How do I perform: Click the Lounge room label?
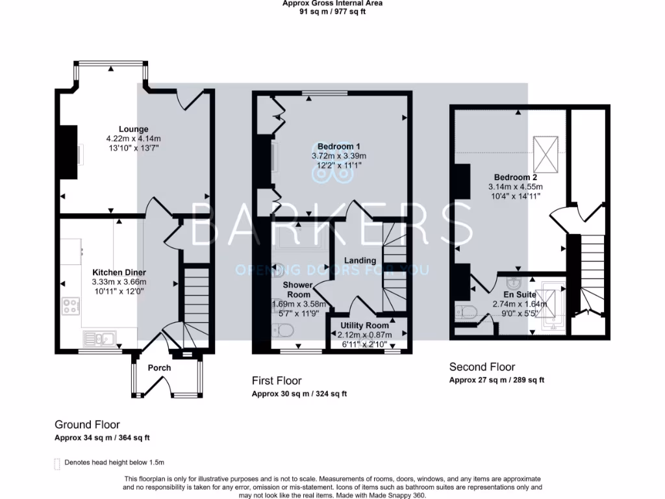[x=133, y=129]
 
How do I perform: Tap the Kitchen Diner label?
[x=119, y=272]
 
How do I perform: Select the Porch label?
[x=159, y=368]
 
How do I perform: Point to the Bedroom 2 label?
[x=515, y=177]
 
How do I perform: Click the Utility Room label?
[x=364, y=326]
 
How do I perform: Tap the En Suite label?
[x=520, y=294]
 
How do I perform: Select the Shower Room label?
[x=297, y=290]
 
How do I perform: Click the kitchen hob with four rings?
[x=71, y=305]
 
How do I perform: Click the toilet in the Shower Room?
[x=281, y=332]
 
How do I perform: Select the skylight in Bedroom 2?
[x=544, y=151]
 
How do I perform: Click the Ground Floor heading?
[x=87, y=425]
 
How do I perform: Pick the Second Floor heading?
[x=482, y=367]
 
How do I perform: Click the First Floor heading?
[x=277, y=381]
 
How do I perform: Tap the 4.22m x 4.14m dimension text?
[x=133, y=139]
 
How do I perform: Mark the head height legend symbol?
[x=56, y=463]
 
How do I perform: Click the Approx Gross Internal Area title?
[x=332, y=3]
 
